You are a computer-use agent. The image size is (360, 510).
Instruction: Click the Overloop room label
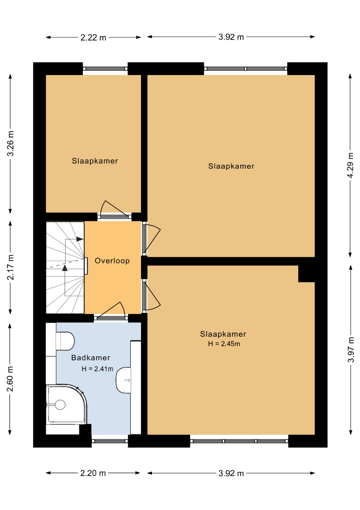112,261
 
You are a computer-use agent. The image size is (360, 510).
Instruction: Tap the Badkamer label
91,358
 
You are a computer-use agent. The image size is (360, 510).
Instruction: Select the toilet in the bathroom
65,341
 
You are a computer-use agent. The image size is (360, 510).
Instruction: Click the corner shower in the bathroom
67,404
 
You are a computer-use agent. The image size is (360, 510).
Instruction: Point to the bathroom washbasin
124,380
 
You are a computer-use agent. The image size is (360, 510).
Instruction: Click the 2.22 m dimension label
93,37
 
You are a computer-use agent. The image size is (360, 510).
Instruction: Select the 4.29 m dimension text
350,165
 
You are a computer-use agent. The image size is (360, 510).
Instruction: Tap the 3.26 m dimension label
10,144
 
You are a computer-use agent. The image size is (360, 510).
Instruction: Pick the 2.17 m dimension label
10,267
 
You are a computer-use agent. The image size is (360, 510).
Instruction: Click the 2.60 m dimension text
10,379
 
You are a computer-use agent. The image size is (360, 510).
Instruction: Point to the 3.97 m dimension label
351,349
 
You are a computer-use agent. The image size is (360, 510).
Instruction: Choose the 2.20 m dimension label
93,473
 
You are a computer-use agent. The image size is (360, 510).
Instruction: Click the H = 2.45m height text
224,344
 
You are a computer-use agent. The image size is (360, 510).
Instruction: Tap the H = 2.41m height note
98,369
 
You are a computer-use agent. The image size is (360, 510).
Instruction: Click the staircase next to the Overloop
65,267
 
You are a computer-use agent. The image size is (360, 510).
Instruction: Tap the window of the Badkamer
110,441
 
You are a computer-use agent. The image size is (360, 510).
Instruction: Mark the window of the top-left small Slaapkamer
105,68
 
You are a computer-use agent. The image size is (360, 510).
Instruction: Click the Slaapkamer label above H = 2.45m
223,334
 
